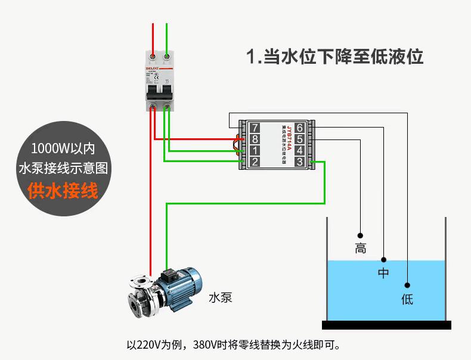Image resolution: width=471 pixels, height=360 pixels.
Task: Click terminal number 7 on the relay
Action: [x=255, y=128]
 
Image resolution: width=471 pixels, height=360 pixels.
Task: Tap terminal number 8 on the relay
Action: [x=255, y=139]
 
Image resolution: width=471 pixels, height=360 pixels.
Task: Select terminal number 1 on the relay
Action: [x=255, y=151]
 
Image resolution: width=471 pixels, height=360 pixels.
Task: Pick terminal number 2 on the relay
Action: [x=255, y=162]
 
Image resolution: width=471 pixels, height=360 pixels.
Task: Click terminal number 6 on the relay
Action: [x=299, y=128]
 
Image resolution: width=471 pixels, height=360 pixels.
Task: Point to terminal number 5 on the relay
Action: [x=299, y=139]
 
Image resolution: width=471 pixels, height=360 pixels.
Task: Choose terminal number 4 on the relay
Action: [x=299, y=151]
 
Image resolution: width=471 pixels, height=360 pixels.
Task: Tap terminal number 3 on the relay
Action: [x=299, y=162]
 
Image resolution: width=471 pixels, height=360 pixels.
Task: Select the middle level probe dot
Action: [x=383, y=260]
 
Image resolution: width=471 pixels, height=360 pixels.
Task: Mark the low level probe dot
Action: [x=407, y=285]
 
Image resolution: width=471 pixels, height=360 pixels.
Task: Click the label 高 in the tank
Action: [x=360, y=249]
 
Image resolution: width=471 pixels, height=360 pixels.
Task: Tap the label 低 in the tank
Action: [x=407, y=299]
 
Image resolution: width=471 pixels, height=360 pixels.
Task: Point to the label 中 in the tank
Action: [x=383, y=274]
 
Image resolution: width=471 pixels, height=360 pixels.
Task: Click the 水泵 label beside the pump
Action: [x=220, y=297]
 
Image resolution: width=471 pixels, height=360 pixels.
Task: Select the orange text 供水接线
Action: [x=63, y=191]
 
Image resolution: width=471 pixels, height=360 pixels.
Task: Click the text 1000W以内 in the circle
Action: [x=63, y=147]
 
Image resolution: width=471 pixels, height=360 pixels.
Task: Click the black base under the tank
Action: [x=386, y=325]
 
